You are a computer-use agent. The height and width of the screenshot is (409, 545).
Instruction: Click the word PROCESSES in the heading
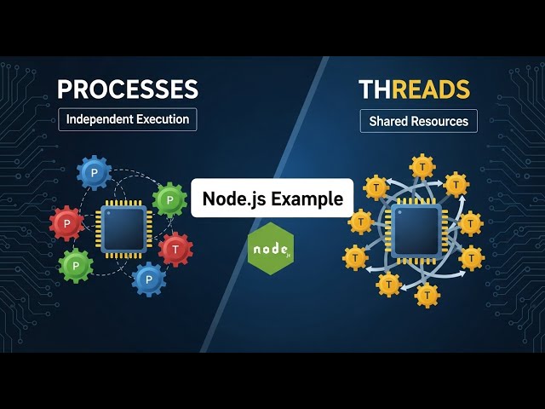127,89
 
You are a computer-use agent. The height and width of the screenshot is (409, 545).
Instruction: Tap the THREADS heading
414,89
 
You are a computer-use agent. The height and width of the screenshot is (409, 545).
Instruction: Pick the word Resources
439,121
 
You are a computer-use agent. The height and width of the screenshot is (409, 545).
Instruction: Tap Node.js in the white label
232,199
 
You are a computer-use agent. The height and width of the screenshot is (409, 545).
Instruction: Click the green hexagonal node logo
271,248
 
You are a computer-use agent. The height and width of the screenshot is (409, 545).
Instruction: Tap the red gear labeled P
66,223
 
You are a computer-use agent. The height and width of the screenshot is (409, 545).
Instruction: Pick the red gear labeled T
175,249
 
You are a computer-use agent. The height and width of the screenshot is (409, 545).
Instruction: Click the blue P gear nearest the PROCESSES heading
94,172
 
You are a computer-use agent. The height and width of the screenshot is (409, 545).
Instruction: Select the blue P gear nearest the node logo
149,279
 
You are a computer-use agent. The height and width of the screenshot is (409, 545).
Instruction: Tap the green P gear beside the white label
169,200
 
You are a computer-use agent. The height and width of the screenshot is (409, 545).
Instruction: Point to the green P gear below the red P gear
76,266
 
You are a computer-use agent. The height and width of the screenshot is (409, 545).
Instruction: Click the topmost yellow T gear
422,166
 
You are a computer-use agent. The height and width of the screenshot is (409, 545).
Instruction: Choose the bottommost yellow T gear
427,295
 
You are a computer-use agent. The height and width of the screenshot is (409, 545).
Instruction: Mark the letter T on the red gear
175,249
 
